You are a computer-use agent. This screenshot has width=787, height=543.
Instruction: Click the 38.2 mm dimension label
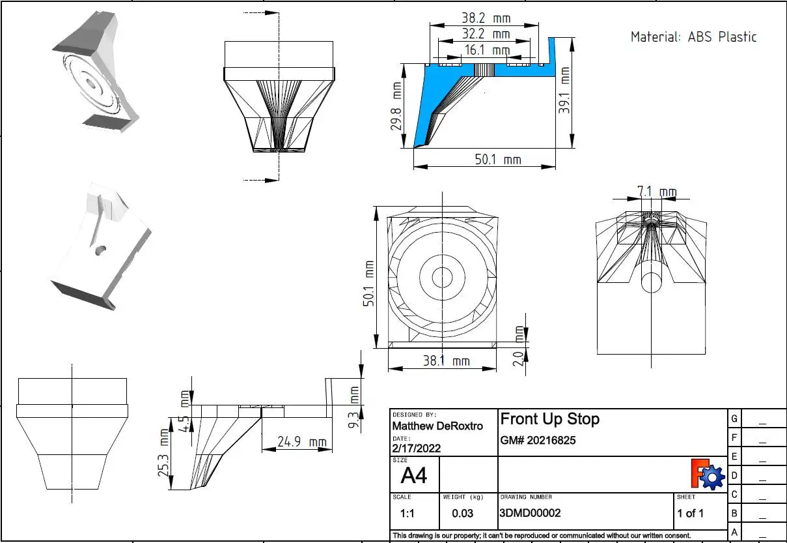pos(484,19)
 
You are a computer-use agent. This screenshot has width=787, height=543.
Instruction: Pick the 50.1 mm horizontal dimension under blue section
pos(497,158)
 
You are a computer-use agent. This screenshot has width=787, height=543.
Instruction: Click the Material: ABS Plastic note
pos(693,37)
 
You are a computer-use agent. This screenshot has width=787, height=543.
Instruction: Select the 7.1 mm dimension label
pos(656,192)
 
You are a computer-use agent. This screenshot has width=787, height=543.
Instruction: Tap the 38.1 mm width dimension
pos(446,360)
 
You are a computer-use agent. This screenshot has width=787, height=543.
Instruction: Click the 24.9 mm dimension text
pos(301,442)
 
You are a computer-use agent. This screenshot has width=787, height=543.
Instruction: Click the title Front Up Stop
pos(549,418)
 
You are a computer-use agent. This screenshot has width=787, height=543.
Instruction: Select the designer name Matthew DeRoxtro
pos(437,426)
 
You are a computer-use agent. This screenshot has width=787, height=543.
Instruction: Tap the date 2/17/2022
pos(417,448)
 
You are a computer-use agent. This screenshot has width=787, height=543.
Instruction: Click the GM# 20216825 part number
pos(538,441)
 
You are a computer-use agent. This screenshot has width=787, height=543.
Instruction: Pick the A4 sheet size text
pos(414,476)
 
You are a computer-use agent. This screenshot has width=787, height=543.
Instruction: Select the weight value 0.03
pos(462,513)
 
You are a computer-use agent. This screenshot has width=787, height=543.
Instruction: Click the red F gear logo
pos(707,475)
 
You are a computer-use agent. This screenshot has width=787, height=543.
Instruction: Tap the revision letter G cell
pos(734,418)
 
